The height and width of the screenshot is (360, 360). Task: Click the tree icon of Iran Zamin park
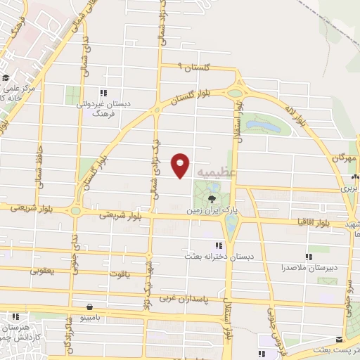(212, 198)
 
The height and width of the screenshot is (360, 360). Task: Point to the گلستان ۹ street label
(190, 67)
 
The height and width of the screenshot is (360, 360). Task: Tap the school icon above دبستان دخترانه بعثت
(219, 245)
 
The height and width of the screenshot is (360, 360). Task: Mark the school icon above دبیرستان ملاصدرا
(307, 257)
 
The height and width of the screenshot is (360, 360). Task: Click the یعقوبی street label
(43, 270)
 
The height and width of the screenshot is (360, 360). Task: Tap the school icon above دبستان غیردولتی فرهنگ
(103, 93)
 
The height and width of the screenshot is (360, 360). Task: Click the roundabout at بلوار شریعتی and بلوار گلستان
(75, 210)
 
